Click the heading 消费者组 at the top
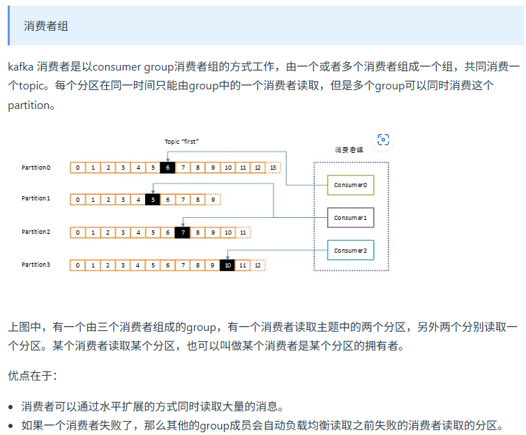(x=46, y=26)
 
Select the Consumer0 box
(x=350, y=185)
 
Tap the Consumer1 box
(x=350, y=218)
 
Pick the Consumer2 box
(x=350, y=251)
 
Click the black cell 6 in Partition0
(x=167, y=168)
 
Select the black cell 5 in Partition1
(x=152, y=199)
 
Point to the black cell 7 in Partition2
(x=182, y=232)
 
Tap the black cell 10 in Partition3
(x=227, y=265)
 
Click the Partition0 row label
(x=36, y=168)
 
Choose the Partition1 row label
(x=36, y=199)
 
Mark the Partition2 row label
(x=36, y=232)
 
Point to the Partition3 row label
(x=36, y=265)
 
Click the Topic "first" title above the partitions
(x=183, y=141)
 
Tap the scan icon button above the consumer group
(x=383, y=140)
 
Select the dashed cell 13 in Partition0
(x=273, y=168)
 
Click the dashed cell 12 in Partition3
(x=258, y=265)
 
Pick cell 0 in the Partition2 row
(x=77, y=232)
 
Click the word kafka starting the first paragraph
(x=20, y=67)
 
